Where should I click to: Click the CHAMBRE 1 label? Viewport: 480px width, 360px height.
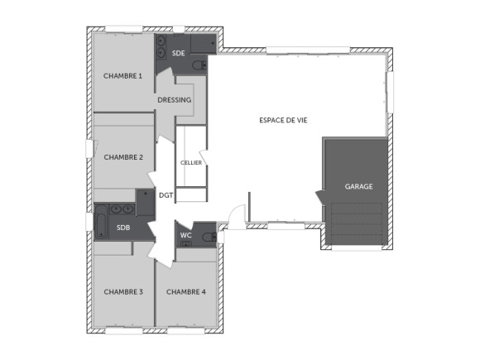coord(122,76)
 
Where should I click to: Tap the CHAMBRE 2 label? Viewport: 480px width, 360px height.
coord(123,157)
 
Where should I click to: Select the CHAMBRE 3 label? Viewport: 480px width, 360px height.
coord(123,291)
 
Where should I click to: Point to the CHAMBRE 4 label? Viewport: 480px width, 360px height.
coord(186,291)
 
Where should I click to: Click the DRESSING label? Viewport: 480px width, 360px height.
coord(175,100)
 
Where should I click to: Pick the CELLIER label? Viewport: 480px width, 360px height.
coord(191,163)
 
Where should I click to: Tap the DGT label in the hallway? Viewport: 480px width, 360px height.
coord(166,195)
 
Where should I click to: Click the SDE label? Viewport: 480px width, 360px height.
coord(178,54)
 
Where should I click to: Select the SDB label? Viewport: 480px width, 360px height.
coord(123,228)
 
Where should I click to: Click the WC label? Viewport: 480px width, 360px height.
coord(186,235)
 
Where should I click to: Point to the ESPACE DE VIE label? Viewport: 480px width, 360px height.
coord(282,120)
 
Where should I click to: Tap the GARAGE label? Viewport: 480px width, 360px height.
coord(358,187)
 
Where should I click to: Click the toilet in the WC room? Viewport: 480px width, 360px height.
coord(209,237)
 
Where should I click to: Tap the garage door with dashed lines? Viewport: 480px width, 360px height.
coord(357,226)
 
